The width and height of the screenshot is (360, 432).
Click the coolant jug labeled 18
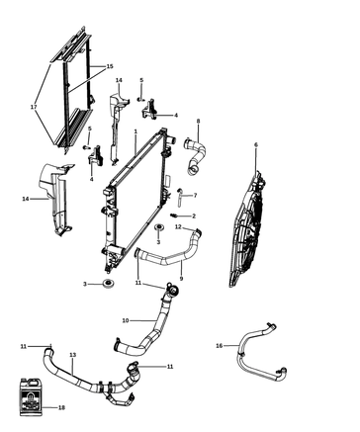31,396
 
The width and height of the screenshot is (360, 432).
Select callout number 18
61,407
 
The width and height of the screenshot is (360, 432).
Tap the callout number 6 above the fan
256,144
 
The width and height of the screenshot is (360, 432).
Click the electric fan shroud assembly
247,229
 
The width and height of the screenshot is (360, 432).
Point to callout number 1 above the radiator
135,131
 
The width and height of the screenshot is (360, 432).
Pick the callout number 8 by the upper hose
198,121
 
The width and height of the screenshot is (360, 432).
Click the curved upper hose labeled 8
195,155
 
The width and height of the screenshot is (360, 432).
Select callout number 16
220,346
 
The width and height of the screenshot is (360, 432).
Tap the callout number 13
73,355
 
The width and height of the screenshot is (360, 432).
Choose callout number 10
126,320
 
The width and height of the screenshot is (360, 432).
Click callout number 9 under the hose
181,279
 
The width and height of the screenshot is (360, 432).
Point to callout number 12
178,226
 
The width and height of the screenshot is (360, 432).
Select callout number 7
195,196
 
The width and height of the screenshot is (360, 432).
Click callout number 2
194,216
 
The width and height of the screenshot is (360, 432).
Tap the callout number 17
34,107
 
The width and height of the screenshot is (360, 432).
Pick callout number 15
110,66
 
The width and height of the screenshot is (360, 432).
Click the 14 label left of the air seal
26,199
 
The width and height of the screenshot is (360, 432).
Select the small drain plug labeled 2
174,216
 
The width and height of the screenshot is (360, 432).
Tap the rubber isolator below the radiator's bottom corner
108,283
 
